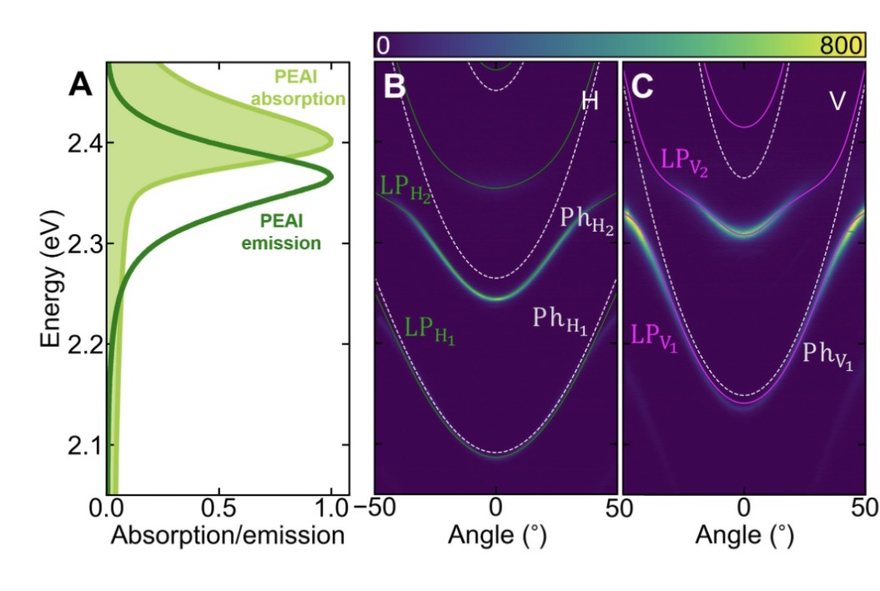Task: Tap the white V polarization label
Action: pos(837,101)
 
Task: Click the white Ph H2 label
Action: pos(586,221)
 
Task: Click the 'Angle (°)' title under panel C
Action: pos(744,535)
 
